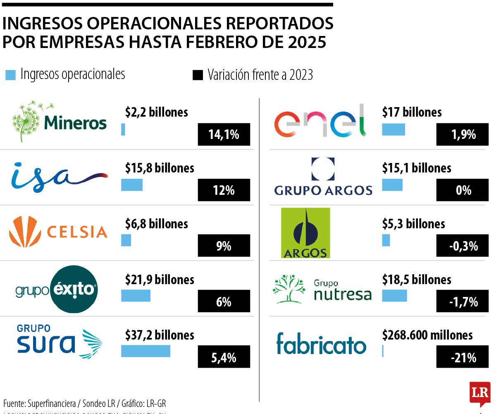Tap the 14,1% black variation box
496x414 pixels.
(224, 134)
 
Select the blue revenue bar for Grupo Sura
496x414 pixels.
(145, 351)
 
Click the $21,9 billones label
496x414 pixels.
(160, 280)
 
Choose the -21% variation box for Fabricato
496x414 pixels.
(462, 357)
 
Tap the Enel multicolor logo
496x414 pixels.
(320, 121)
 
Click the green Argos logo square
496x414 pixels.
(305, 233)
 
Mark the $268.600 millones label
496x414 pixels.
(427, 335)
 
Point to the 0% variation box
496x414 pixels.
(462, 190)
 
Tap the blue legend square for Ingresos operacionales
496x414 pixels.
(11, 75)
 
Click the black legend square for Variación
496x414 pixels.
(198, 75)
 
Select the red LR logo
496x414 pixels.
(479, 392)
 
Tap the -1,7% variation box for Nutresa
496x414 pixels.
(462, 302)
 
